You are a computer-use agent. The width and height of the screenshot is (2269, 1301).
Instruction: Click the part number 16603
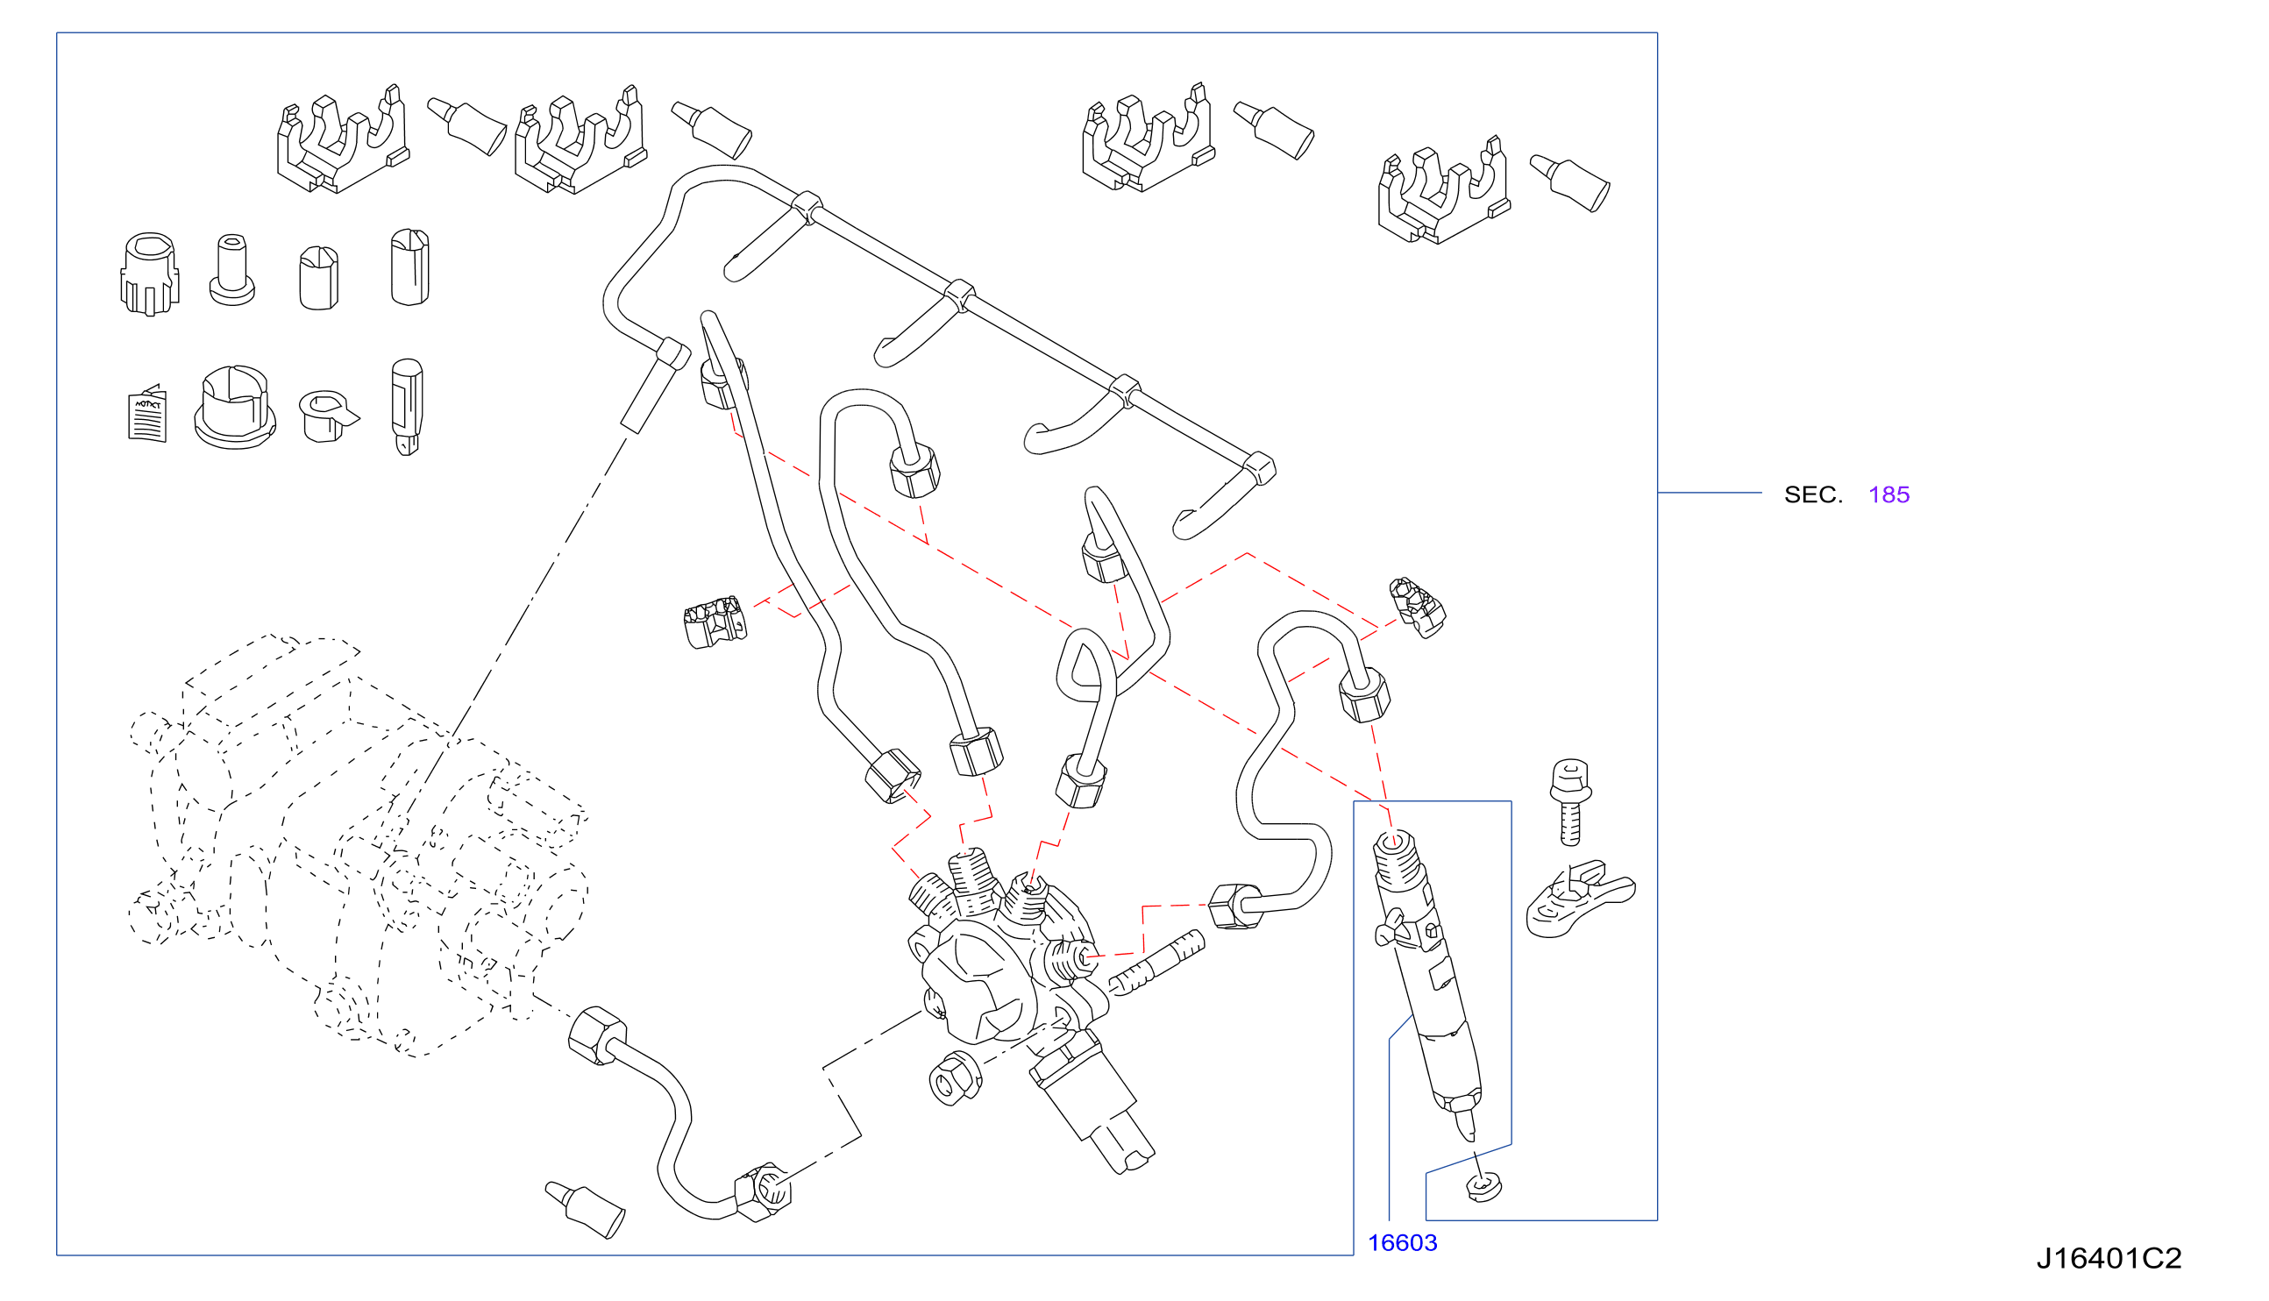click(x=1403, y=1243)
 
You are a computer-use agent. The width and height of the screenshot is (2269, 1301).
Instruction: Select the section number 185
click(x=1888, y=495)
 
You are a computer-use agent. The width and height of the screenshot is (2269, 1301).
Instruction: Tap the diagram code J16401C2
click(x=2109, y=1258)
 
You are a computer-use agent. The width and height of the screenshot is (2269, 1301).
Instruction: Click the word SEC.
click(x=1812, y=495)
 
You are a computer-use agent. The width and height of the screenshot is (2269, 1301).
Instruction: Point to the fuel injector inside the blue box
click(x=1426, y=983)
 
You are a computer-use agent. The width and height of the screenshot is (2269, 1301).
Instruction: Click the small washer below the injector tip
click(x=1483, y=1188)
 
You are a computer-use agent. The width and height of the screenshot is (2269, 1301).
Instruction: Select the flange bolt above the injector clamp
click(x=1570, y=801)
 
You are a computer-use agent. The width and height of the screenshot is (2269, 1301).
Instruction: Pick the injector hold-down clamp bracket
click(x=1579, y=899)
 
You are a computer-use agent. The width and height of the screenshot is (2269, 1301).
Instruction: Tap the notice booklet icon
click(x=147, y=414)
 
